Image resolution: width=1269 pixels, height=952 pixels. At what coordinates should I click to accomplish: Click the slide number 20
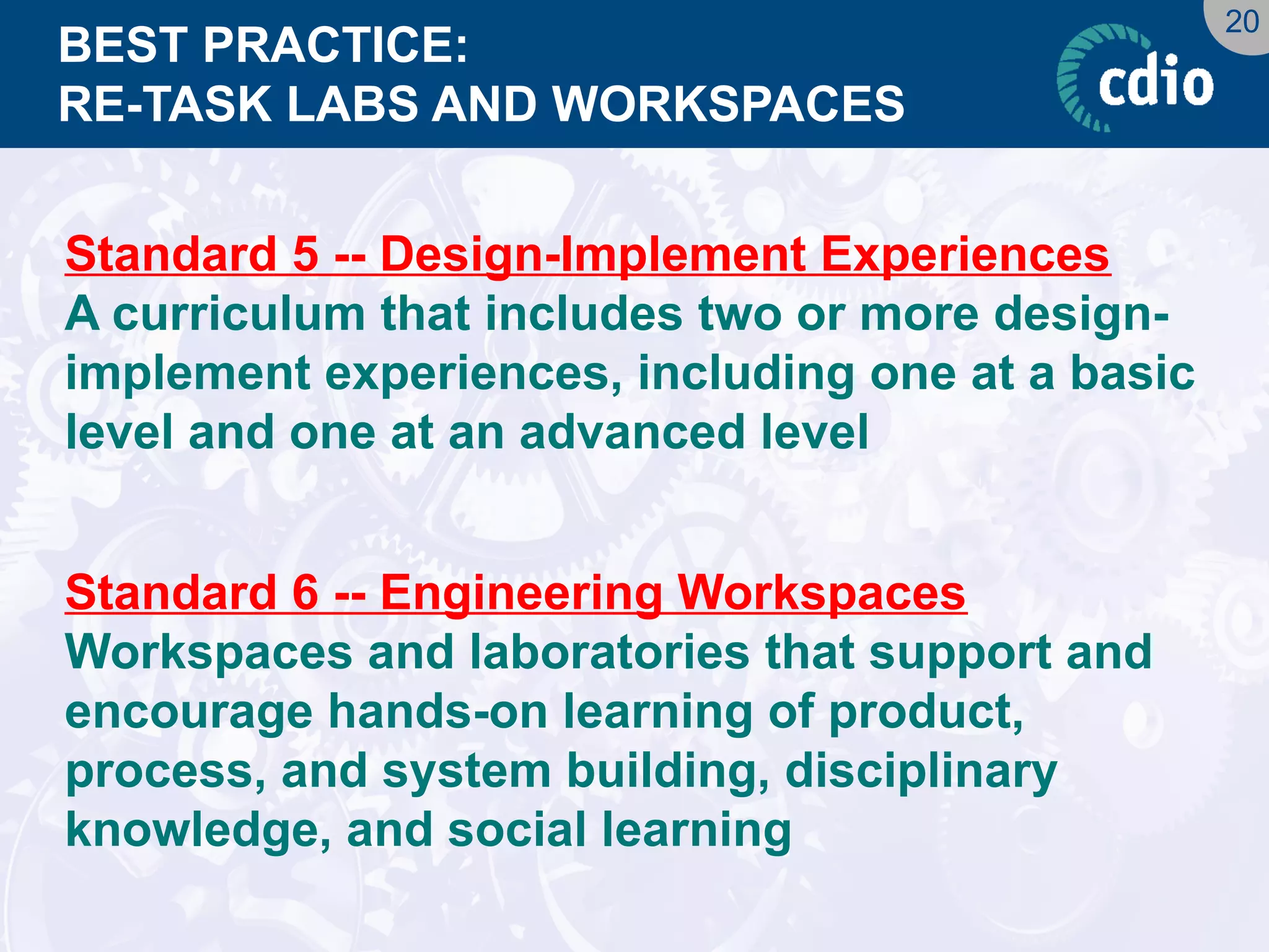(1241, 22)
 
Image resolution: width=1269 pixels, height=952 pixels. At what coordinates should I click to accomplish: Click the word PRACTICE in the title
(335, 46)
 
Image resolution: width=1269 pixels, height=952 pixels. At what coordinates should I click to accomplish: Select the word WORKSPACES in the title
(729, 104)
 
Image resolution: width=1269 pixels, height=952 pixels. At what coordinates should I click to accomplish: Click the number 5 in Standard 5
(305, 253)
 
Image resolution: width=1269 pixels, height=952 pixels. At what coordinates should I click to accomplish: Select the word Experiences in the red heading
(965, 255)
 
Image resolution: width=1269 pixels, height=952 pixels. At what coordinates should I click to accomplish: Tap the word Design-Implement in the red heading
(593, 255)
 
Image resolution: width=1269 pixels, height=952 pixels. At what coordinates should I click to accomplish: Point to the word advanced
(632, 432)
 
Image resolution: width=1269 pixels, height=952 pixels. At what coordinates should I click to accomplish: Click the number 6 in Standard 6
(305, 592)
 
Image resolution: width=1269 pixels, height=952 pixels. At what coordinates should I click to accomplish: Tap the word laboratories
(610, 652)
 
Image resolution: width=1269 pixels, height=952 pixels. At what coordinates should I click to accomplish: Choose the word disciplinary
(921, 772)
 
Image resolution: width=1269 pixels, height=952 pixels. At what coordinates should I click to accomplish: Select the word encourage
(188, 713)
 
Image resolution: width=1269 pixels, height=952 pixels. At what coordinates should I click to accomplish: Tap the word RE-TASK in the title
(165, 104)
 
